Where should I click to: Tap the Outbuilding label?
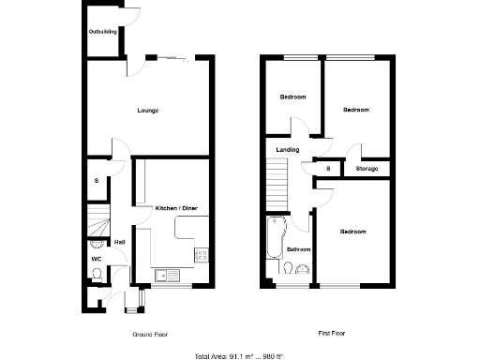pyautogui.click(x=103, y=32)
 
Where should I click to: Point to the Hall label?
pyautogui.click(x=119, y=242)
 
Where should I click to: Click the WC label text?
pyautogui.click(x=97, y=258)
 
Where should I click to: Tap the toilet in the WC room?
pyautogui.click(x=97, y=274)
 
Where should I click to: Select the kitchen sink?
pyautogui.click(x=165, y=274)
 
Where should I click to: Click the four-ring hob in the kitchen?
pyautogui.click(x=200, y=254)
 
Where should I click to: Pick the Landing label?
pyautogui.click(x=287, y=150)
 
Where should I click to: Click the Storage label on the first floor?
pyautogui.click(x=367, y=169)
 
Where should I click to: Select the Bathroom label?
pyautogui.click(x=298, y=249)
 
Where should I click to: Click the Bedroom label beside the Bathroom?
pyautogui.click(x=352, y=232)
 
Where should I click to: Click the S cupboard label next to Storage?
pyautogui.click(x=328, y=169)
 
